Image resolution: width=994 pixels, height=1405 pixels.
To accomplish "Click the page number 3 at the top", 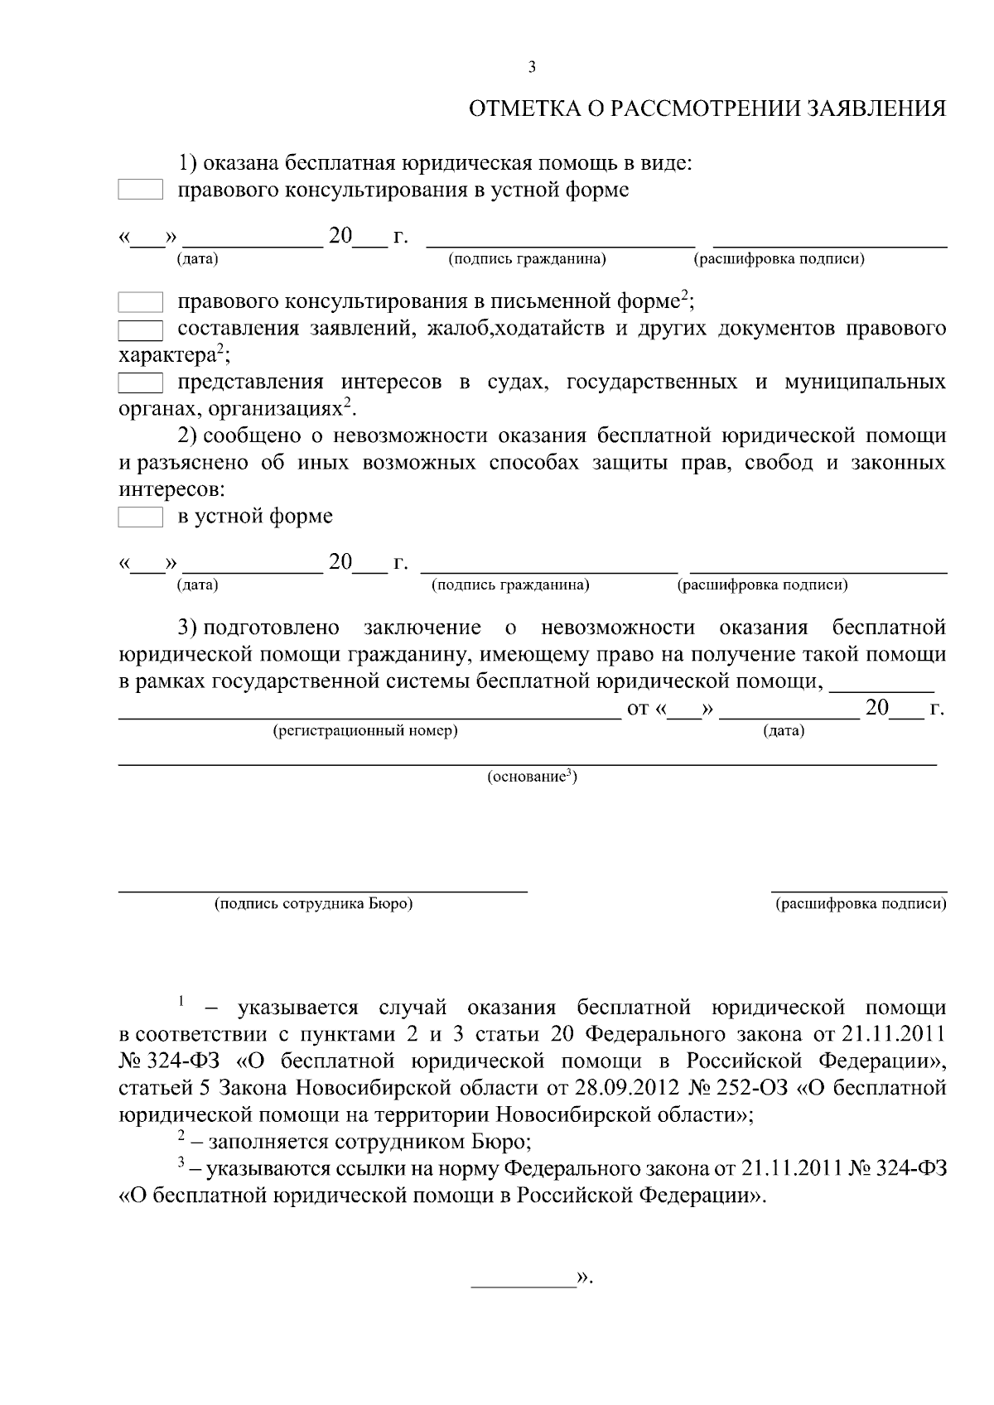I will [532, 68].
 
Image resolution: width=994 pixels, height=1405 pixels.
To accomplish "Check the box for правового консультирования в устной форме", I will [140, 190].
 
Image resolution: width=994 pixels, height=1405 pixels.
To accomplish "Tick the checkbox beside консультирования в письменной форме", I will [140, 301].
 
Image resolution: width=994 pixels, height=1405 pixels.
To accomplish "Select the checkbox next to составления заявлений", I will [140, 330].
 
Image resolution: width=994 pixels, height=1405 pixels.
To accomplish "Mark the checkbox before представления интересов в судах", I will [140, 383].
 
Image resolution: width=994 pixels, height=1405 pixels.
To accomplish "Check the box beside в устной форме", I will [140, 517].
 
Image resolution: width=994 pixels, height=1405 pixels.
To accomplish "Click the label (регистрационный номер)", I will [365, 731].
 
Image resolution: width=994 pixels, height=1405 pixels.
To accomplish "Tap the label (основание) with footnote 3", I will [531, 777].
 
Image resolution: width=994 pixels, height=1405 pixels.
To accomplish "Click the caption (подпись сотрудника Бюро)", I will [313, 903].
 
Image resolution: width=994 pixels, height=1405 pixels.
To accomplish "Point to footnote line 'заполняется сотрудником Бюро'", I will [369, 1143].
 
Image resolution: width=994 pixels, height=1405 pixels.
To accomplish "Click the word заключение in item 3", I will [422, 628].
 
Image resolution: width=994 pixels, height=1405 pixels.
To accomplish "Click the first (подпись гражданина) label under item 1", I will [527, 259].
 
